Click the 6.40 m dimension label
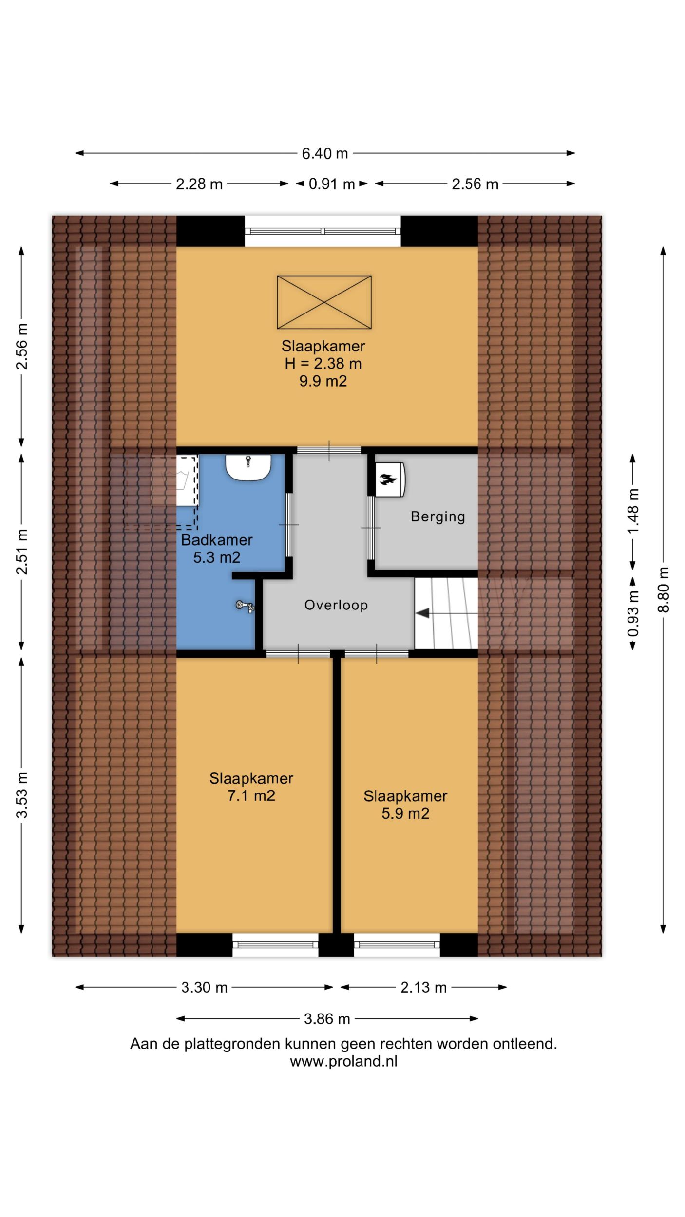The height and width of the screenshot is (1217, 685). point(325,154)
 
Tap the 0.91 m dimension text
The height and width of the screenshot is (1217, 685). point(332,184)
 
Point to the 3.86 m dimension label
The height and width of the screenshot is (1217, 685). point(327,1019)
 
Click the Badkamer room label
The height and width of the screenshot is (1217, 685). point(217,540)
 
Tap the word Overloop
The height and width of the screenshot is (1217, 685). point(336,605)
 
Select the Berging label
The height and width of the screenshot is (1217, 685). point(438,516)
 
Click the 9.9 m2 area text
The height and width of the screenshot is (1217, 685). point(323,381)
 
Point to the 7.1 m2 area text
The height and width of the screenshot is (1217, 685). point(251,796)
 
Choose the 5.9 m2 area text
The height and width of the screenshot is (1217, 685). point(405,813)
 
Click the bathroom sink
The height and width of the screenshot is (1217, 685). point(248,468)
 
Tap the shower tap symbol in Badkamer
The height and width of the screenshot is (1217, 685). point(245,606)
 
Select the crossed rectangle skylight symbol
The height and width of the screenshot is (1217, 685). point(324,302)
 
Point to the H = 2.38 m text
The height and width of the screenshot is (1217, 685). point(323,364)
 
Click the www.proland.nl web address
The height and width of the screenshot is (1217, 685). point(343,1062)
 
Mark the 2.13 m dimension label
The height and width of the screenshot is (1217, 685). point(423,988)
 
